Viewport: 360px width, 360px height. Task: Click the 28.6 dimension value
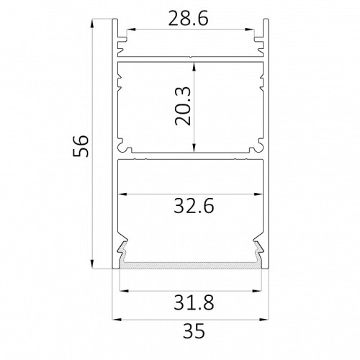(x=188, y=19)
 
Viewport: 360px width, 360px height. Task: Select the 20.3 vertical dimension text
(x=183, y=106)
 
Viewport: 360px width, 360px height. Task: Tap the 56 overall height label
(x=81, y=145)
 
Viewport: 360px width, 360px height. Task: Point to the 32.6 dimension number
(x=194, y=207)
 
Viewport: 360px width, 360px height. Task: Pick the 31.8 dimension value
(x=194, y=302)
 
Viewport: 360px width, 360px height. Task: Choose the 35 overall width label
(x=194, y=330)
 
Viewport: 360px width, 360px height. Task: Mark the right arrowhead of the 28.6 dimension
(x=249, y=30)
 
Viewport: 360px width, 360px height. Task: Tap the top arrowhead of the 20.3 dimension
(x=194, y=67)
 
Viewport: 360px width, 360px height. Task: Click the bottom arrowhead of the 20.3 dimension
(x=194, y=148)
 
